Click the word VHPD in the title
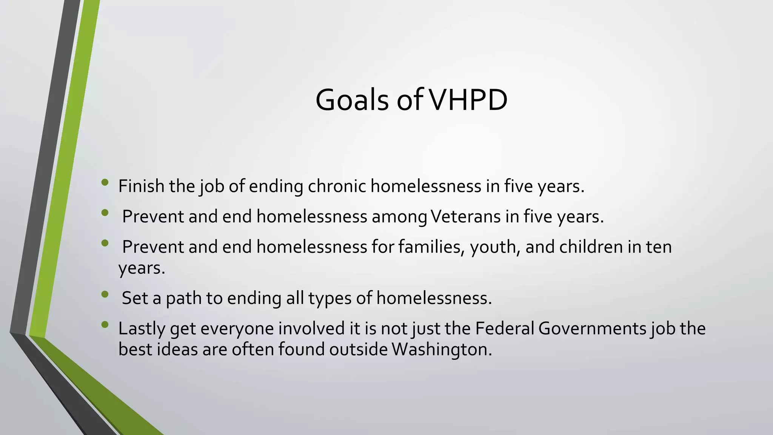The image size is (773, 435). coord(469,100)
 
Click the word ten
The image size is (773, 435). coord(659,247)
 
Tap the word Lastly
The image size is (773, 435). coord(142,329)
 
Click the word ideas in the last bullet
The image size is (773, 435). coord(177,349)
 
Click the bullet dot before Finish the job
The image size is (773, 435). coord(105,183)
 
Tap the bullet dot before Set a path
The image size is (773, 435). coord(105,294)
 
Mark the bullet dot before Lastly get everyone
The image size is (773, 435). coord(105,324)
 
